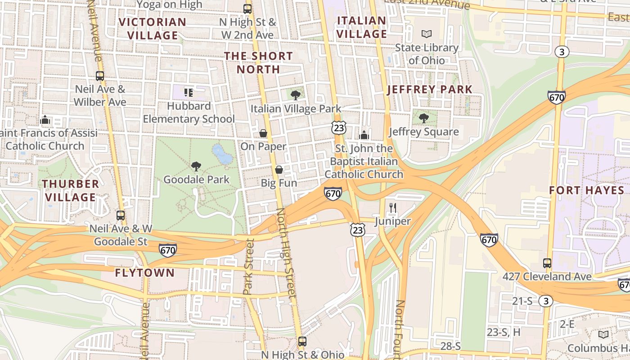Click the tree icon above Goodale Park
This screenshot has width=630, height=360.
point(196,166)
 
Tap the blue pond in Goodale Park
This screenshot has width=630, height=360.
point(222,155)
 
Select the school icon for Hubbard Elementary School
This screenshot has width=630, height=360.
point(189,93)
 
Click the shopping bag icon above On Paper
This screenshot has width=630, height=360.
point(263,133)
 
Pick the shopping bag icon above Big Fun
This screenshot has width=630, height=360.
point(279,170)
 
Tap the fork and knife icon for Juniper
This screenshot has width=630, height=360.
point(393,208)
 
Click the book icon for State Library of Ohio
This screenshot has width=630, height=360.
point(426,34)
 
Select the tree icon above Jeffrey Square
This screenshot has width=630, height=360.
point(423,118)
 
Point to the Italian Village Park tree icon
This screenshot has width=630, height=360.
point(296,95)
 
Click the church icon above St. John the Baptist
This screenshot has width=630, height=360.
point(364,135)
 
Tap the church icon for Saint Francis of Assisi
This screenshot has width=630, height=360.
point(45,120)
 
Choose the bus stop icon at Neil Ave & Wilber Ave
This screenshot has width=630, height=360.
point(100,76)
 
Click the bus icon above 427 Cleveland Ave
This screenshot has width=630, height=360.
point(547,263)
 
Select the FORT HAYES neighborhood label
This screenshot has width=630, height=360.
point(587,190)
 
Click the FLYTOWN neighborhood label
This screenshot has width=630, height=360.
point(144,273)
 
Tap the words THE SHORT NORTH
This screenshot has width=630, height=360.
point(258,63)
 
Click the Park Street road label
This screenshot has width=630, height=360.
point(249,266)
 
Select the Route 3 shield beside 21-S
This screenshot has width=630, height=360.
point(546,301)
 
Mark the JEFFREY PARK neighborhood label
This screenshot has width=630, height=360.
point(430,89)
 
